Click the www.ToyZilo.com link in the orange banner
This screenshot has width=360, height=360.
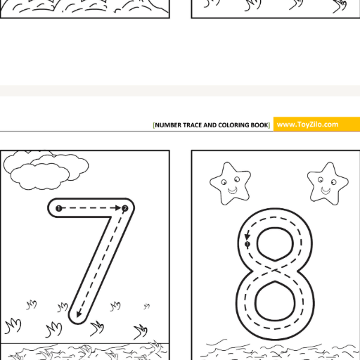[307, 124]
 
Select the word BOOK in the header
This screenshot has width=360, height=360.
[259, 125]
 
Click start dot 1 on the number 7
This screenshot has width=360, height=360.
[58, 208]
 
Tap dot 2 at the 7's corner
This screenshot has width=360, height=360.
[125, 208]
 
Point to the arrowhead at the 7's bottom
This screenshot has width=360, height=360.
[79, 314]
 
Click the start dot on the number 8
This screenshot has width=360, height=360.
[247, 244]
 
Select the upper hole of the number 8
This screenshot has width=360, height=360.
[275, 244]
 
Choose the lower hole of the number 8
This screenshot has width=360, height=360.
[275, 301]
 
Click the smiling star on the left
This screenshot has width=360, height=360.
[231, 184]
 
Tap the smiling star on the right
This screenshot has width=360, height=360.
[328, 184]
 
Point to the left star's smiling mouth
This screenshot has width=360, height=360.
[233, 191]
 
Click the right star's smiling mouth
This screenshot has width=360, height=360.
[326, 191]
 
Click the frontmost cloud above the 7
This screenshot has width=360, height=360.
[40, 176]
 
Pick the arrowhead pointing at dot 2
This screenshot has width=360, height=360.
[118, 208]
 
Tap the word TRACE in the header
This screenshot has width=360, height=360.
[192, 125]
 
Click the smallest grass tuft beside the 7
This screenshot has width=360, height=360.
[147, 306]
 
